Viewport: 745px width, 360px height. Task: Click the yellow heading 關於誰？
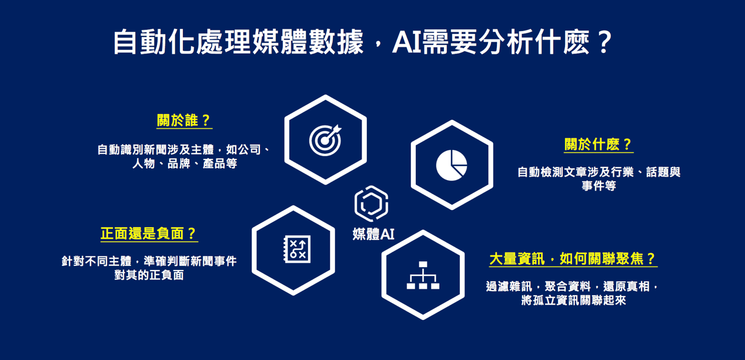point(184,120)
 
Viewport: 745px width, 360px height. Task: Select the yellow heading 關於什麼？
point(599,144)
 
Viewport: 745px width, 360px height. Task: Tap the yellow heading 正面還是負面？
point(149,233)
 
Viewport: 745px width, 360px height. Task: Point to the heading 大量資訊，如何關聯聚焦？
point(573,258)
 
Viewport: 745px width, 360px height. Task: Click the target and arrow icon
point(325,140)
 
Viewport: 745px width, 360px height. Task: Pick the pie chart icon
point(452,165)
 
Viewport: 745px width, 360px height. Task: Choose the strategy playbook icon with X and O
point(297,249)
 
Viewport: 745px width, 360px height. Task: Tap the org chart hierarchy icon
point(423,275)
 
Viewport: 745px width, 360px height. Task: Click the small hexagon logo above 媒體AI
point(372,204)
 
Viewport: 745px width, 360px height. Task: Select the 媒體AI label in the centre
point(373,234)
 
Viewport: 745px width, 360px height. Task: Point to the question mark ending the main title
point(604,42)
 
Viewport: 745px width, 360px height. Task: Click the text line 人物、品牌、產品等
point(185,164)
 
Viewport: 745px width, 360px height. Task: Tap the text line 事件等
point(599,186)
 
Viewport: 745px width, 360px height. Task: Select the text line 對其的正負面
point(149,275)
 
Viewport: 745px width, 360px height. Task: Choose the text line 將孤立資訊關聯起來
point(573,300)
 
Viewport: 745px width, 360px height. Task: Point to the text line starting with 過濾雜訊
point(572,286)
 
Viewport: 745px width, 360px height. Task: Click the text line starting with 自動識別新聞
point(184,150)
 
